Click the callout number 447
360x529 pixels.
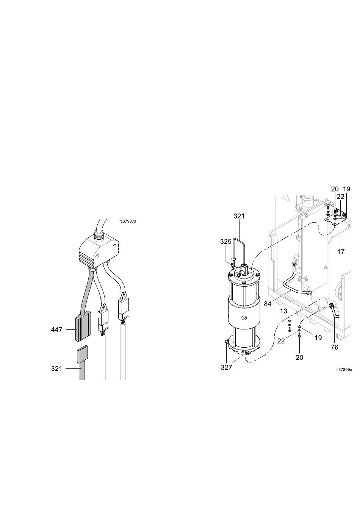tap(56, 330)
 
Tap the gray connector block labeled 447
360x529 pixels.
tap(83, 326)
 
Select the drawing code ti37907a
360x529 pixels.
tap(128, 221)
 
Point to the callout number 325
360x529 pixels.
tap(226, 242)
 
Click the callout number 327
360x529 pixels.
tap(226, 367)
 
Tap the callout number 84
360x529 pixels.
tap(267, 304)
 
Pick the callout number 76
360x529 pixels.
tap(335, 347)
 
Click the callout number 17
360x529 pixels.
tap(341, 252)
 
